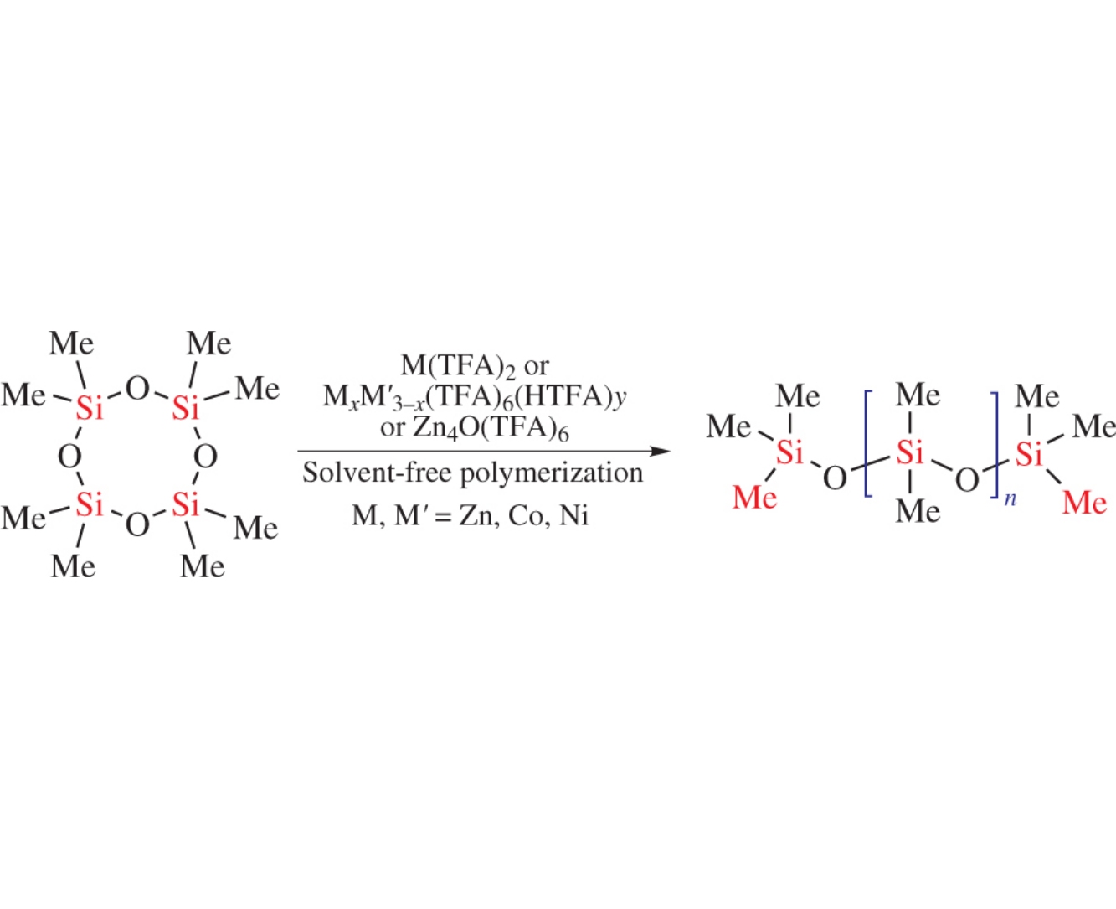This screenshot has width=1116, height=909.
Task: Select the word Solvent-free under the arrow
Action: (377, 473)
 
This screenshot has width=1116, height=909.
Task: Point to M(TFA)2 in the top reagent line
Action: (458, 365)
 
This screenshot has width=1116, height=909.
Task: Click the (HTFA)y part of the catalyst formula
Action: (571, 398)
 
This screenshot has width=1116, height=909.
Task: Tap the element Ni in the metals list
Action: (573, 516)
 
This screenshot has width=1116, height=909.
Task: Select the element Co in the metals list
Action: (526, 516)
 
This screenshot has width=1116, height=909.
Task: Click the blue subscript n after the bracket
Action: (1011, 499)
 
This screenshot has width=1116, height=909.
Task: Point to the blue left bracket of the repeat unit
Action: (868, 443)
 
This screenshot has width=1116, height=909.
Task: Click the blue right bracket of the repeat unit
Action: (993, 445)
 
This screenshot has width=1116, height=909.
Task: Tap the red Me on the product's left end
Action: (755, 498)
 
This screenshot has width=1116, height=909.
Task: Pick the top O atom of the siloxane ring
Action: (138, 389)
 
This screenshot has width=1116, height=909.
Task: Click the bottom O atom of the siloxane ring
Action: (138, 524)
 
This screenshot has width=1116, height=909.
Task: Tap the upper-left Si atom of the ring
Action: (90, 408)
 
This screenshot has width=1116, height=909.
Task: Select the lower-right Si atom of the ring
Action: (186, 504)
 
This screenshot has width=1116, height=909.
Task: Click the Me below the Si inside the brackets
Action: (918, 511)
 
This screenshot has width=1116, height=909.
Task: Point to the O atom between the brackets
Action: (967, 480)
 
